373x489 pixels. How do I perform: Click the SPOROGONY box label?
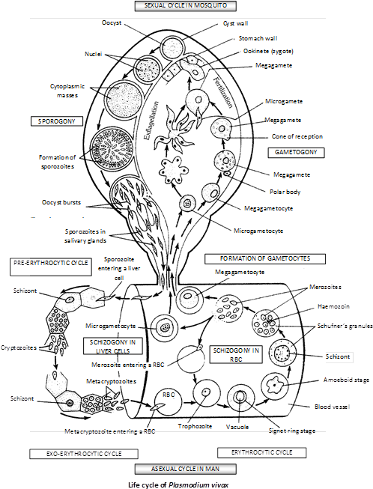click(57, 121)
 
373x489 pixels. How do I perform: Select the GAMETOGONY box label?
click(296, 152)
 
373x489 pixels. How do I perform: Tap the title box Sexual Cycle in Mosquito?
click(186, 6)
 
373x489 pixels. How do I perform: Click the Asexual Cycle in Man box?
click(186, 469)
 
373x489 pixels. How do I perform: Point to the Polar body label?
click(285, 192)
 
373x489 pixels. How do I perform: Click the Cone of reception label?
click(297, 136)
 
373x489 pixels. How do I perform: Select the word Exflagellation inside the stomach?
click(151, 121)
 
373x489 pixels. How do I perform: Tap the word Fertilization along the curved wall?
click(223, 93)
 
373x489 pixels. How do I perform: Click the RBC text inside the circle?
click(169, 395)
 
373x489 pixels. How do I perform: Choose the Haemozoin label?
click(333, 306)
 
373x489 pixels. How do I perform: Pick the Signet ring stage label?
click(292, 431)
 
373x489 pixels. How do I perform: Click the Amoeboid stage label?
click(346, 380)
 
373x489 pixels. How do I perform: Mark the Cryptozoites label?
click(19, 347)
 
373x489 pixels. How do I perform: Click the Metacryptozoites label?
click(111, 381)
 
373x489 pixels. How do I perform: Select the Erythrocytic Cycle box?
click(261, 452)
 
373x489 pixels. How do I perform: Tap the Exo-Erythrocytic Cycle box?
click(84, 454)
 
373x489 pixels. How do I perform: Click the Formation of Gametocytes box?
click(265, 259)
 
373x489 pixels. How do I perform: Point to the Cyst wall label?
click(235, 24)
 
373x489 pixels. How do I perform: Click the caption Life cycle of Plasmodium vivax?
click(178, 485)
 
